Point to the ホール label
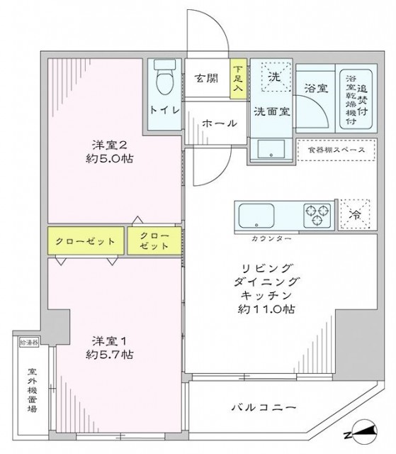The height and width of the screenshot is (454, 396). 220,123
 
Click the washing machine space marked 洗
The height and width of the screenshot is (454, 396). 273,77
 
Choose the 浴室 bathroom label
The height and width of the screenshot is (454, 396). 315,90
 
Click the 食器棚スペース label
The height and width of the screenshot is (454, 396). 333,150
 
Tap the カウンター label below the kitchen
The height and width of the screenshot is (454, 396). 271,239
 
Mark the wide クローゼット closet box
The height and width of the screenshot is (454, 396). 86,241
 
